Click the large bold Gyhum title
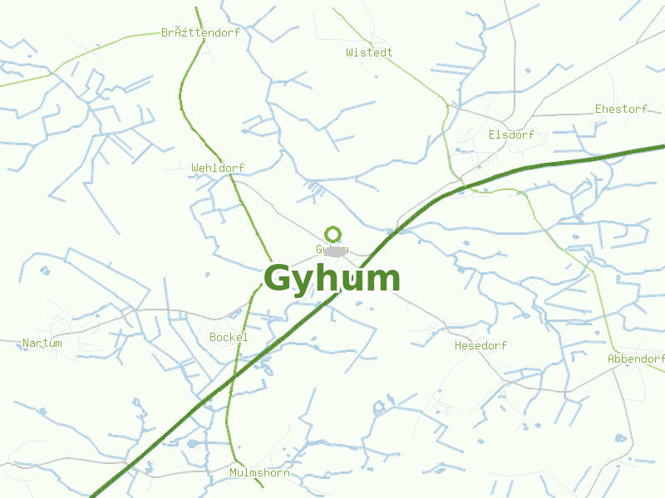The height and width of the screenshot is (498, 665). [332, 279]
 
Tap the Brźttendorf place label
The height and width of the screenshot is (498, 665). [200, 33]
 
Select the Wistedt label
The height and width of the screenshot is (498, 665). [369, 52]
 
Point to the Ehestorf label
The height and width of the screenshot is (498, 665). [621, 109]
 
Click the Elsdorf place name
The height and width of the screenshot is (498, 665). [511, 134]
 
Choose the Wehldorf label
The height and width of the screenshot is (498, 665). [218, 168]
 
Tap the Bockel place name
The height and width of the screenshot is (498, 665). [229, 337]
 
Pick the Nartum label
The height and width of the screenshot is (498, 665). [42, 343]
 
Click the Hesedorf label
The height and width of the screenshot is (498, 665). [480, 345]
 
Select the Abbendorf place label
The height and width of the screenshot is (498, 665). [636, 359]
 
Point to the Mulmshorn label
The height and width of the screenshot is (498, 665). [259, 472]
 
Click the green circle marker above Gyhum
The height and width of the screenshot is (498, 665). [333, 234]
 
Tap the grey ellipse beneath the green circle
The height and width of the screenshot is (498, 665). [335, 251]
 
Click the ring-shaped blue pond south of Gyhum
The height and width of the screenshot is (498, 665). [380, 407]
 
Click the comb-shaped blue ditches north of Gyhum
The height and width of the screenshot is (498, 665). [314, 191]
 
